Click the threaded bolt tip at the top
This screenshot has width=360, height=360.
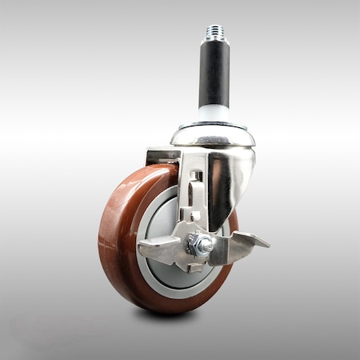pos(214,31)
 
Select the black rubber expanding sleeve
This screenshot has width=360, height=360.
pos(214,75)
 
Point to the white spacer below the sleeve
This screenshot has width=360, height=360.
pos(214,113)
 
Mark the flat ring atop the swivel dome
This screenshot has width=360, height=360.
pos(213,125)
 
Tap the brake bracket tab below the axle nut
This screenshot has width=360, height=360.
pos(194,263)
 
